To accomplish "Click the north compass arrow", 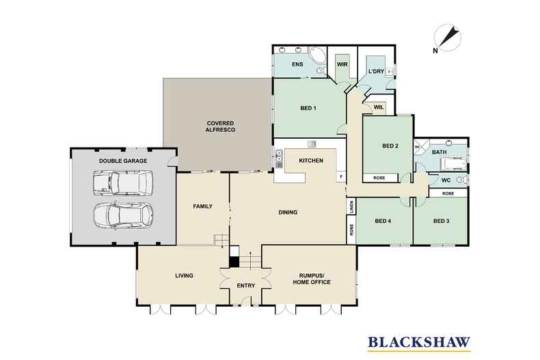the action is [x=449, y=37].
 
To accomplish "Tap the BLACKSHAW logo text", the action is [x=419, y=342].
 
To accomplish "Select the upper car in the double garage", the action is [x=122, y=183].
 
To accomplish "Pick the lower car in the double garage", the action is [x=123, y=215].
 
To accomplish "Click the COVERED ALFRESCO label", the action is [x=220, y=126].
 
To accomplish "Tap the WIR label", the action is [x=342, y=64].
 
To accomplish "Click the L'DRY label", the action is [x=376, y=72].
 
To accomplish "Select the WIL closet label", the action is [x=379, y=107].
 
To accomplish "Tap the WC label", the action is [x=446, y=180].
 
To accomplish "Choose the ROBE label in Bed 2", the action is [x=379, y=178].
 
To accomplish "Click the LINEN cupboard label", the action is [x=351, y=207].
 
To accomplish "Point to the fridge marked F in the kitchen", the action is [x=341, y=177].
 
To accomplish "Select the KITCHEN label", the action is [x=311, y=161].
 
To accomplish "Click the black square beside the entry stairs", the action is [x=234, y=262].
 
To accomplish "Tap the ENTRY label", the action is [x=246, y=286].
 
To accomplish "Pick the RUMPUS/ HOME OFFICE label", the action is [x=312, y=279].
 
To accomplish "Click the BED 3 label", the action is [x=441, y=221].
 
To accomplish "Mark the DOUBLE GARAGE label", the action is [x=123, y=161].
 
